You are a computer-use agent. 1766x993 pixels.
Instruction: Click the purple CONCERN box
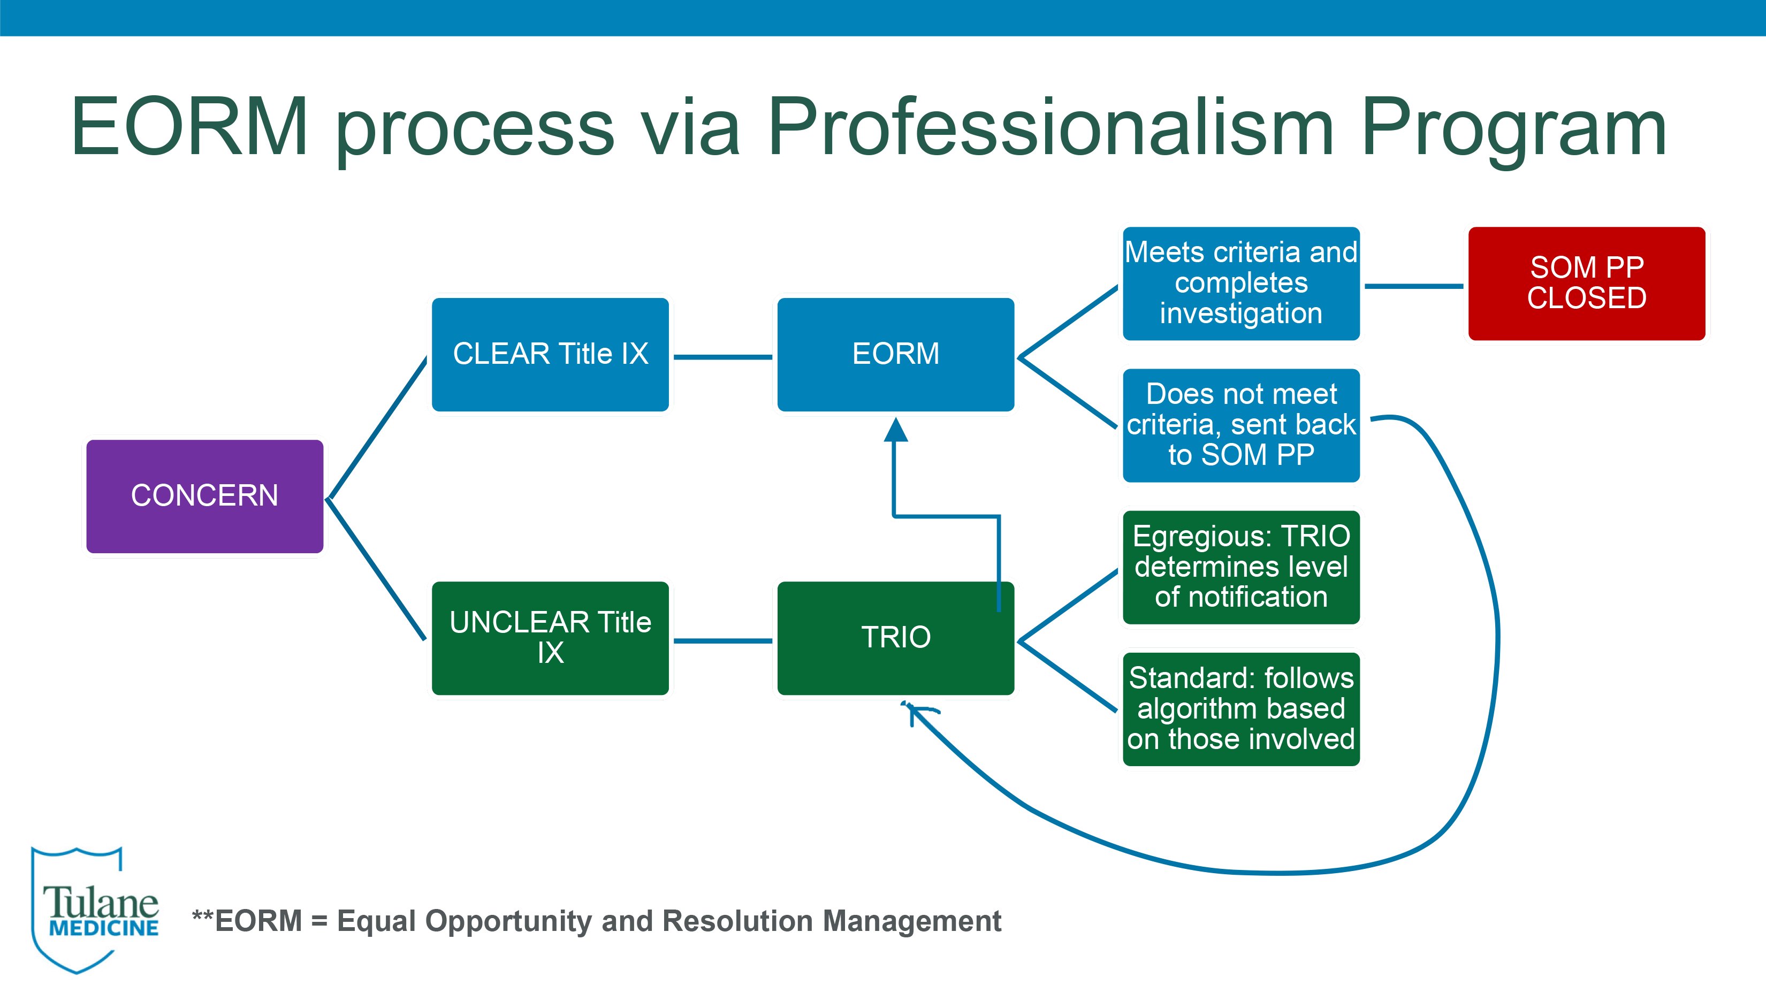[204, 496]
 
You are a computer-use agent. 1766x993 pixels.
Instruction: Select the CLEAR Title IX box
[550, 354]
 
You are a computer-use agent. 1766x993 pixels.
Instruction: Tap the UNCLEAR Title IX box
[550, 638]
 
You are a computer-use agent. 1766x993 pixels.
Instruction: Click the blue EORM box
[895, 354]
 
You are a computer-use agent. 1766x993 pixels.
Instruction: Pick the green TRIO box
[895, 638]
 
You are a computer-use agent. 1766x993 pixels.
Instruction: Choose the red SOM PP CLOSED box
[1586, 283]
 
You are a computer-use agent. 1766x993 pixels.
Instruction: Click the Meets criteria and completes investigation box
[1241, 283]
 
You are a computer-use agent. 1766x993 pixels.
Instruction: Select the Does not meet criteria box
[1241, 425]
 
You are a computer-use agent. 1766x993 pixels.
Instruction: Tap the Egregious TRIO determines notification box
[1241, 567]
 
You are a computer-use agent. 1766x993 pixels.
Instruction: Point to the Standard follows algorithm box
[1241, 708]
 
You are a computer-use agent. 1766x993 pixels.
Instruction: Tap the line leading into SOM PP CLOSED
[1414, 286]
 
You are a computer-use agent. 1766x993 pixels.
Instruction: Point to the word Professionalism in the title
[1051, 127]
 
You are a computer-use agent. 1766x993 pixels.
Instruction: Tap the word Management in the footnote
[912, 922]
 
